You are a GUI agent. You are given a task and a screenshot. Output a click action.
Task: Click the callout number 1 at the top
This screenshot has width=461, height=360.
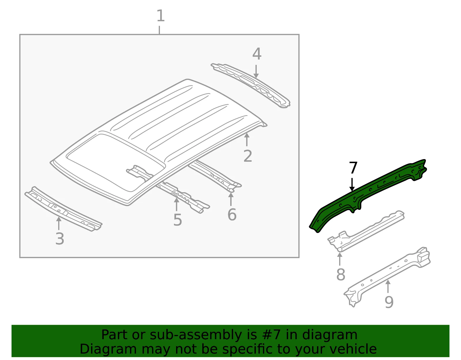tap(160, 16)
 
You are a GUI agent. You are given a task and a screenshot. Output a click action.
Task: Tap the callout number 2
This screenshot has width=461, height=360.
tap(248, 156)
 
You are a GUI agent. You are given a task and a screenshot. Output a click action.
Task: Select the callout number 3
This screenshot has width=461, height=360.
tap(60, 239)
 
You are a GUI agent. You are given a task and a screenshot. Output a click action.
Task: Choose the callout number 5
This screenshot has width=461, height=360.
tap(177, 220)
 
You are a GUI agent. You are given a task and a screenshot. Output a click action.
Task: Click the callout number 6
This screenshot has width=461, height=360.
tap(232, 214)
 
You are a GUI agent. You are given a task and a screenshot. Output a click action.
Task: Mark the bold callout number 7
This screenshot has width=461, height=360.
tap(353, 168)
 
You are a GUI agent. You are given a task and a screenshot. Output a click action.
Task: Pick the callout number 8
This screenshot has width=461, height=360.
tap(341, 274)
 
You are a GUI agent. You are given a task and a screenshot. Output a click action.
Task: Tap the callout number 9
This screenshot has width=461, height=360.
tap(389, 302)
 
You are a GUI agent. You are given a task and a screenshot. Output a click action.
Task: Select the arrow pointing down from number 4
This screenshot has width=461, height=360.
tap(256, 71)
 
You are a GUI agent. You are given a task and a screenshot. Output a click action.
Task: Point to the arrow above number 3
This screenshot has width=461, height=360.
tap(59, 223)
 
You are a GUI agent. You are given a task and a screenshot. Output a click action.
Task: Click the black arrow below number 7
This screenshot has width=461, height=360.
tap(352, 184)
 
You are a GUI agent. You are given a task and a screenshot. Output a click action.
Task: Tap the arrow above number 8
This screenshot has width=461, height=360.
tap(340, 259)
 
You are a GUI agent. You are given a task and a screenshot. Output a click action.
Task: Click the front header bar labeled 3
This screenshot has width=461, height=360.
tap(63, 209)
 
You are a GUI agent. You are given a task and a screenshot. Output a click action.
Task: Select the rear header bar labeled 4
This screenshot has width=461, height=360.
tap(251, 85)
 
